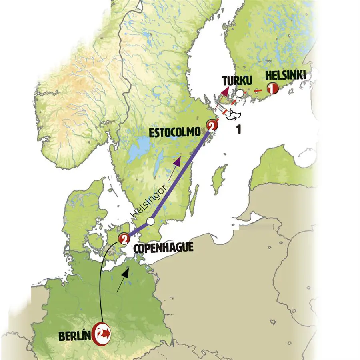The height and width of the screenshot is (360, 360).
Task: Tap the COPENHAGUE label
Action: tap(163, 248)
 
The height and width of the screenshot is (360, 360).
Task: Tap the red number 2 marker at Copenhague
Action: tap(124, 239)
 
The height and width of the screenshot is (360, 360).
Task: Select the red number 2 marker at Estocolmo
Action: tap(212, 126)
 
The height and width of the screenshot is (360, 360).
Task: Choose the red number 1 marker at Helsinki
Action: tap(272, 89)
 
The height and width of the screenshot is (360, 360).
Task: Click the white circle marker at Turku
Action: tap(239, 94)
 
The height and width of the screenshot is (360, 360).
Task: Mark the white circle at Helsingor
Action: tap(150, 221)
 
